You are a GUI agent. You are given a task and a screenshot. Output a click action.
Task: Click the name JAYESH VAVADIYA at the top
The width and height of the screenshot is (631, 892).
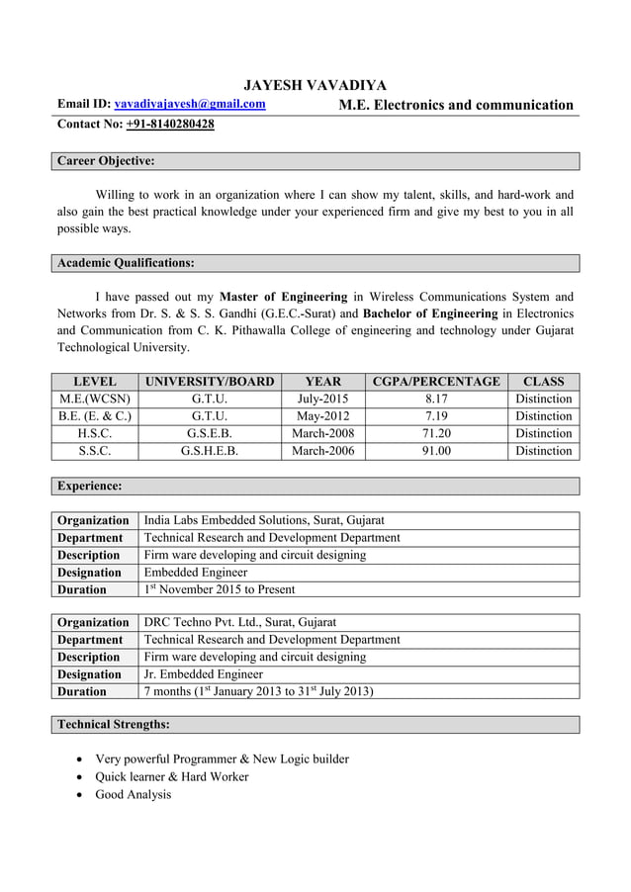click(315, 85)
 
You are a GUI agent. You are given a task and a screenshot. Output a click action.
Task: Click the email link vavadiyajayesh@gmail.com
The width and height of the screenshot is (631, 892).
click(190, 104)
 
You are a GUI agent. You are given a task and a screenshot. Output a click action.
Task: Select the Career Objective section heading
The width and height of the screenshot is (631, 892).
click(105, 160)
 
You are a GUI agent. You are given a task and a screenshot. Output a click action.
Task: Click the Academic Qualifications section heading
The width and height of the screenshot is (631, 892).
click(126, 262)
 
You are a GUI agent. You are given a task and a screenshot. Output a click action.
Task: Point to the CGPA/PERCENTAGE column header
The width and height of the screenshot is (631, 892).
click(436, 382)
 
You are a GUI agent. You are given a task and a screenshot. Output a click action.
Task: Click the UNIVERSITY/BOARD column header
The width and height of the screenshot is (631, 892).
click(210, 382)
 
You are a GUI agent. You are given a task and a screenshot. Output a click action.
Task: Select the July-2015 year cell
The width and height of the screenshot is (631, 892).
click(322, 399)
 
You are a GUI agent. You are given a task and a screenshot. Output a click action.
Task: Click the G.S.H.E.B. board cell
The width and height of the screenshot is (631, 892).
click(210, 451)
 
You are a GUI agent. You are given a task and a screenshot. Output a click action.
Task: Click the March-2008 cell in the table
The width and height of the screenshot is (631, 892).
click(322, 433)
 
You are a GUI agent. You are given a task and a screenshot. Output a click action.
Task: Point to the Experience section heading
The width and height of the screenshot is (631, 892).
click(90, 486)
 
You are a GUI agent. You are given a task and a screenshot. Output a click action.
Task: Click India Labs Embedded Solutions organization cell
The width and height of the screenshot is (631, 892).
click(264, 520)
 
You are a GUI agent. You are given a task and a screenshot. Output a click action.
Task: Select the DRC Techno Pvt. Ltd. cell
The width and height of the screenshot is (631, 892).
click(240, 622)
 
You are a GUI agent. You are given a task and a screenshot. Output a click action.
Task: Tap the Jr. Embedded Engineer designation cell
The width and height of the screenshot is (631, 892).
click(205, 674)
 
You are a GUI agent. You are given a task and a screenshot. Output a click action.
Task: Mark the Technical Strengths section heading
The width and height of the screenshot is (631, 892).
click(113, 724)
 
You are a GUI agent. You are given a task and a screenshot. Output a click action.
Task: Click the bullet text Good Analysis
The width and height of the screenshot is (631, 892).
click(133, 794)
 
